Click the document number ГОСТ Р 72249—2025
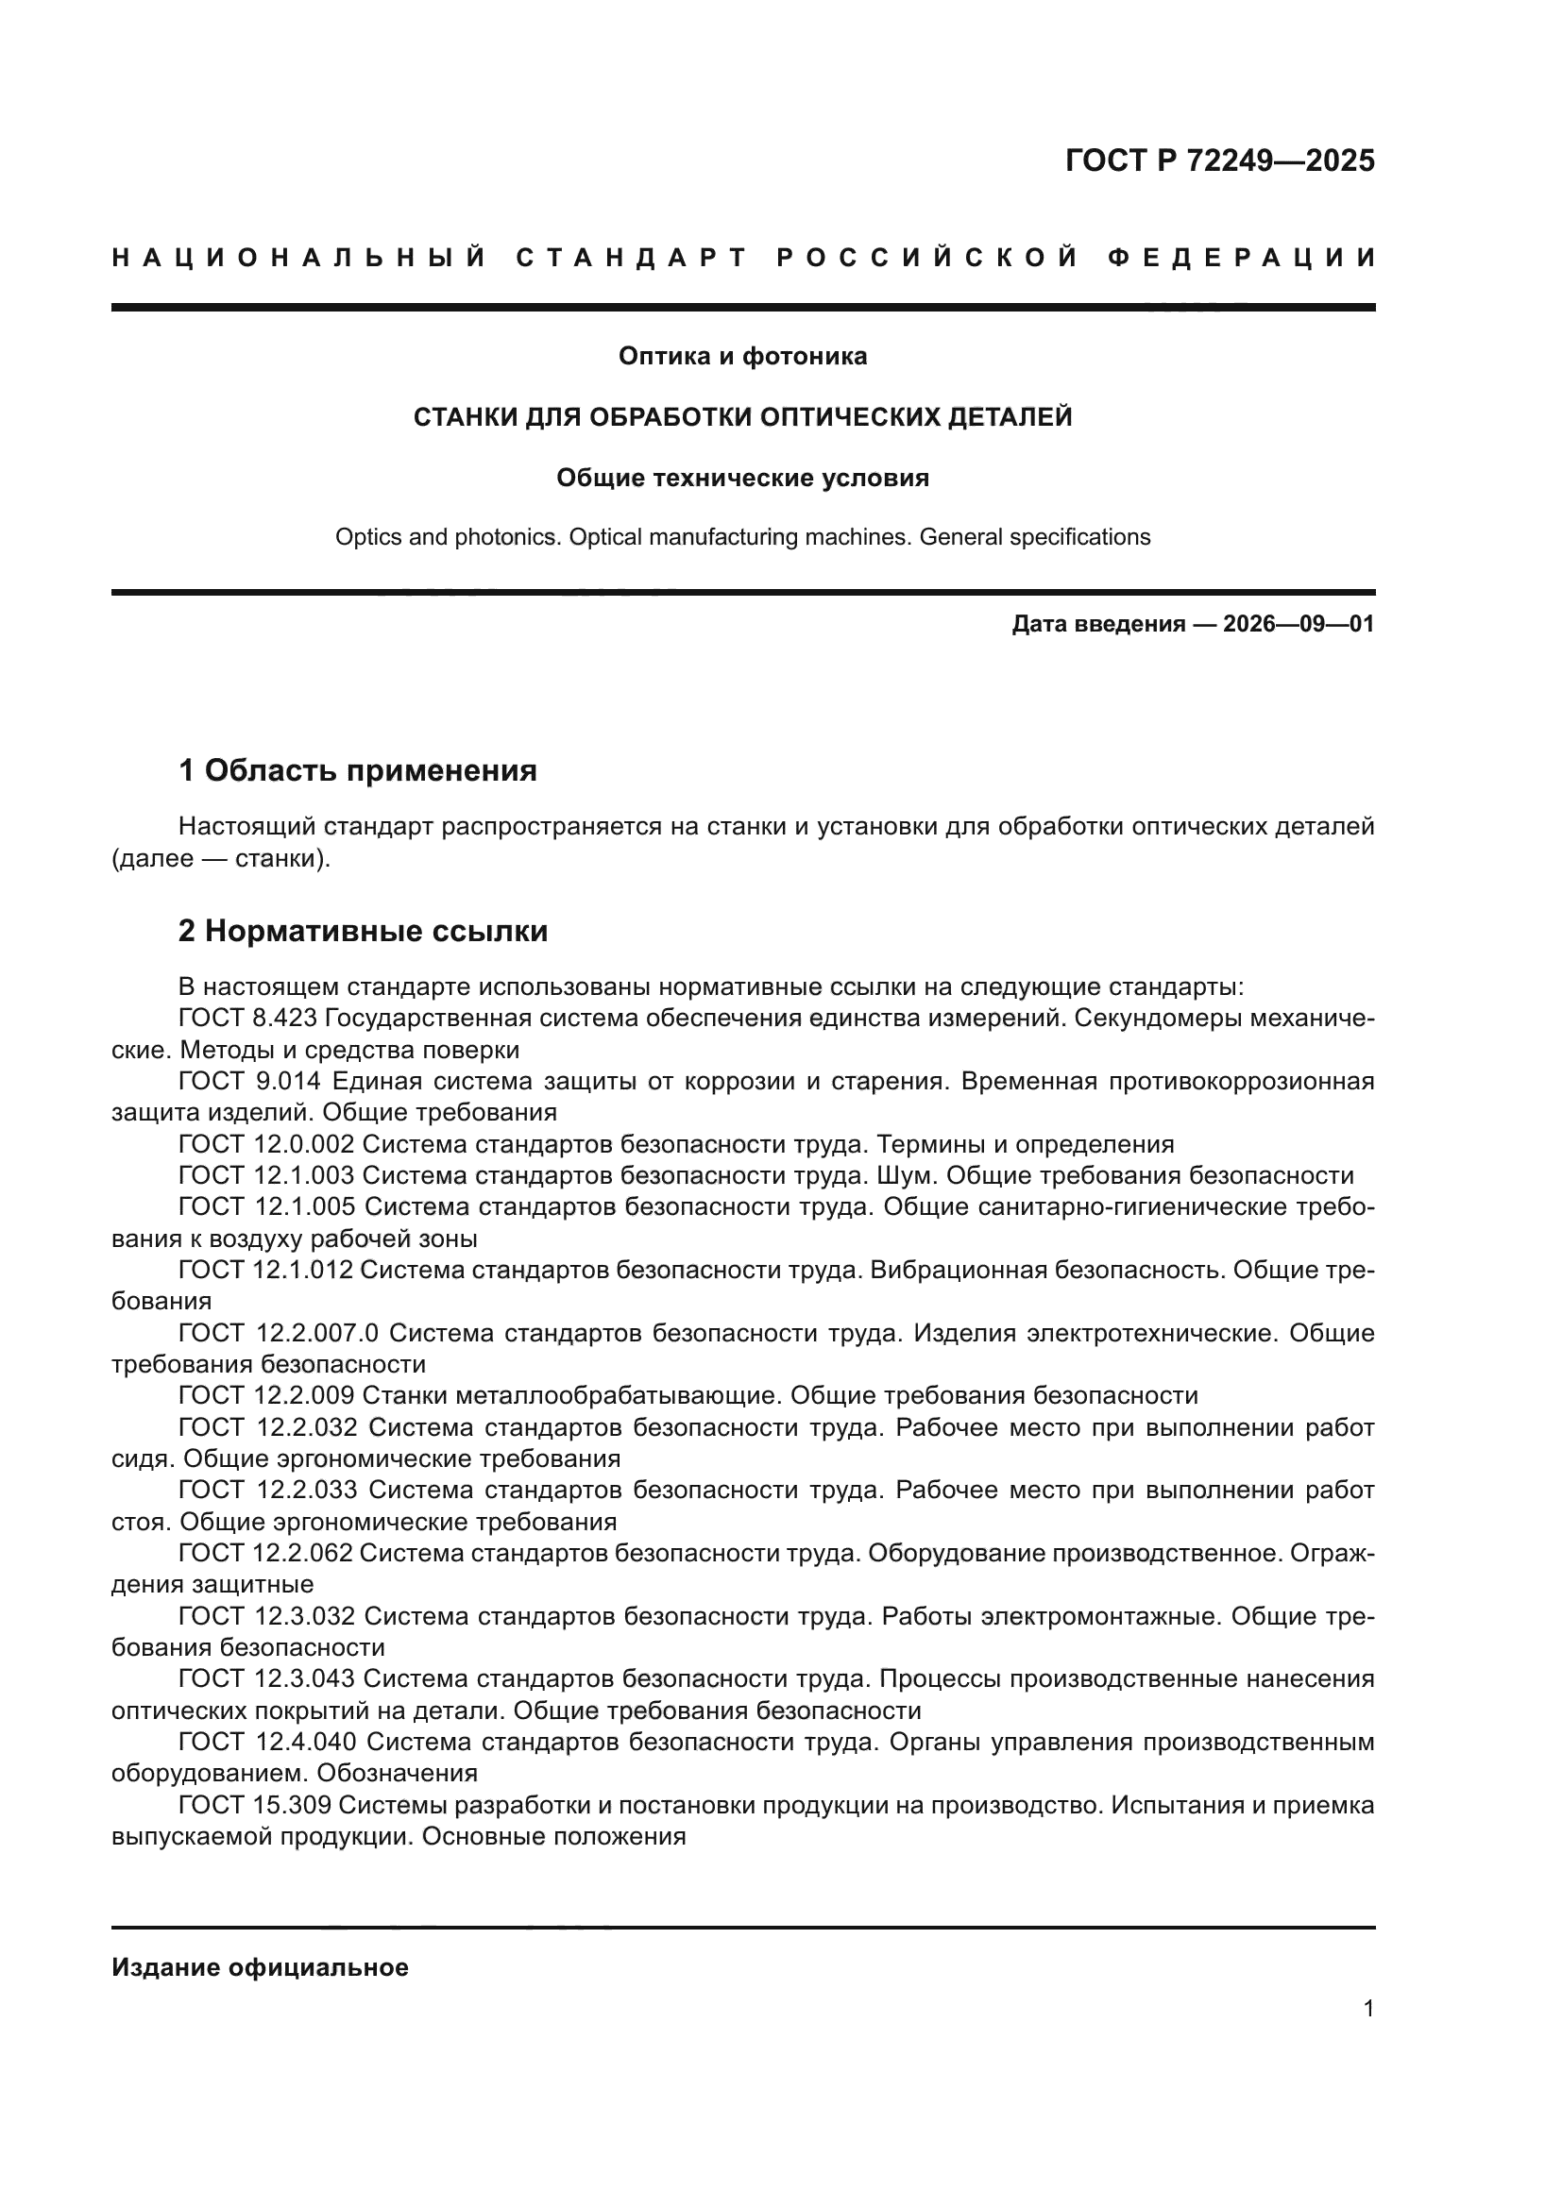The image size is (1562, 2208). pos(1218,160)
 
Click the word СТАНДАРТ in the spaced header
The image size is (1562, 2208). pos(631,258)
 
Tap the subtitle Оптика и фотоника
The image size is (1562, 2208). pos(742,357)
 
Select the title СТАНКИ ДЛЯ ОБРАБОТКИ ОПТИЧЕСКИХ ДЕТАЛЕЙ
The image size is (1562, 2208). pos(742,417)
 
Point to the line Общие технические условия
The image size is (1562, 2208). pos(742,478)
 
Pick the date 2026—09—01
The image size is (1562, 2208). pos(1299,624)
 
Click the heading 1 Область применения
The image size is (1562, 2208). pos(358,770)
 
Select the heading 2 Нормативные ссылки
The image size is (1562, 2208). pos(364,931)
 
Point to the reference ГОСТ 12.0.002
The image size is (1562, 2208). pos(266,1144)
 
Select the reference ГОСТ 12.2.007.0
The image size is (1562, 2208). pos(279,1334)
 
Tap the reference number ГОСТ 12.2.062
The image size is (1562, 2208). pos(266,1554)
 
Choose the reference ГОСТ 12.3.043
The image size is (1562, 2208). pos(266,1679)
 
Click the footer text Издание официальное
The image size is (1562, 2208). pos(260,1968)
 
